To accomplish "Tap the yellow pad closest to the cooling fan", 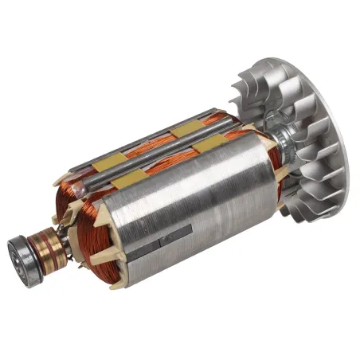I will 209,144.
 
